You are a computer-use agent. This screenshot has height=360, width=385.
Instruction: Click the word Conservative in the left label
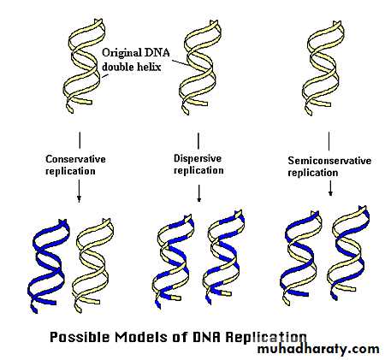point(75,159)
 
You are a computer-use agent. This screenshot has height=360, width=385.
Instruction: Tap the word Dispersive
point(198,158)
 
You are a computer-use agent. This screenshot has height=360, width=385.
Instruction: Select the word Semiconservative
point(329,161)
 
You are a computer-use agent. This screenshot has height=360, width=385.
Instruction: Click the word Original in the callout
point(121,53)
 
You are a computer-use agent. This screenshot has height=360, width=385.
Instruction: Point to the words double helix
point(132,67)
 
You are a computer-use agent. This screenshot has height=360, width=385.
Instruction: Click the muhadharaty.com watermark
point(318,349)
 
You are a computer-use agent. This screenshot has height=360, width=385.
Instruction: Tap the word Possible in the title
point(80,337)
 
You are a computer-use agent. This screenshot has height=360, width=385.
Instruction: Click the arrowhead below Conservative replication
point(79,200)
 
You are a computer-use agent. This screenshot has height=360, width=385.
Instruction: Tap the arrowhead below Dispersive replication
point(199,199)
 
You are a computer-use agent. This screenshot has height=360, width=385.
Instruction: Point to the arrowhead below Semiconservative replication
point(330,192)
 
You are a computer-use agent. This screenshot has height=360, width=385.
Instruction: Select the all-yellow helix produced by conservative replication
point(92,265)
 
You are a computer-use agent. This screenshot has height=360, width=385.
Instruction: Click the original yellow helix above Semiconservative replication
point(323,68)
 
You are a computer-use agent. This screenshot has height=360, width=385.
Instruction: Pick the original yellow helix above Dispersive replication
point(199,67)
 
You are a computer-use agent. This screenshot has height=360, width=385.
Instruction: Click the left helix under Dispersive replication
point(173,261)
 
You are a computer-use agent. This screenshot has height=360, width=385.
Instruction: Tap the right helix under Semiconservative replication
point(348,253)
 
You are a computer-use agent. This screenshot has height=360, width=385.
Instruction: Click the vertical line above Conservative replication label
point(80,140)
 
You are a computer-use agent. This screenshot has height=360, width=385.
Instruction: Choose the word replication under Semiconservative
point(313,173)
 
